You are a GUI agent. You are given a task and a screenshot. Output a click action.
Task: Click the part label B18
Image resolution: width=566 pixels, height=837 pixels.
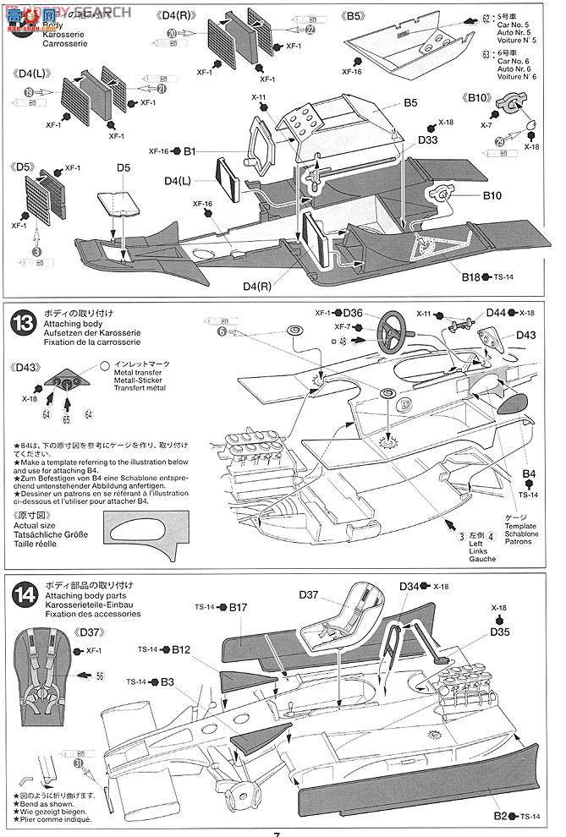[x=471, y=277]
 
